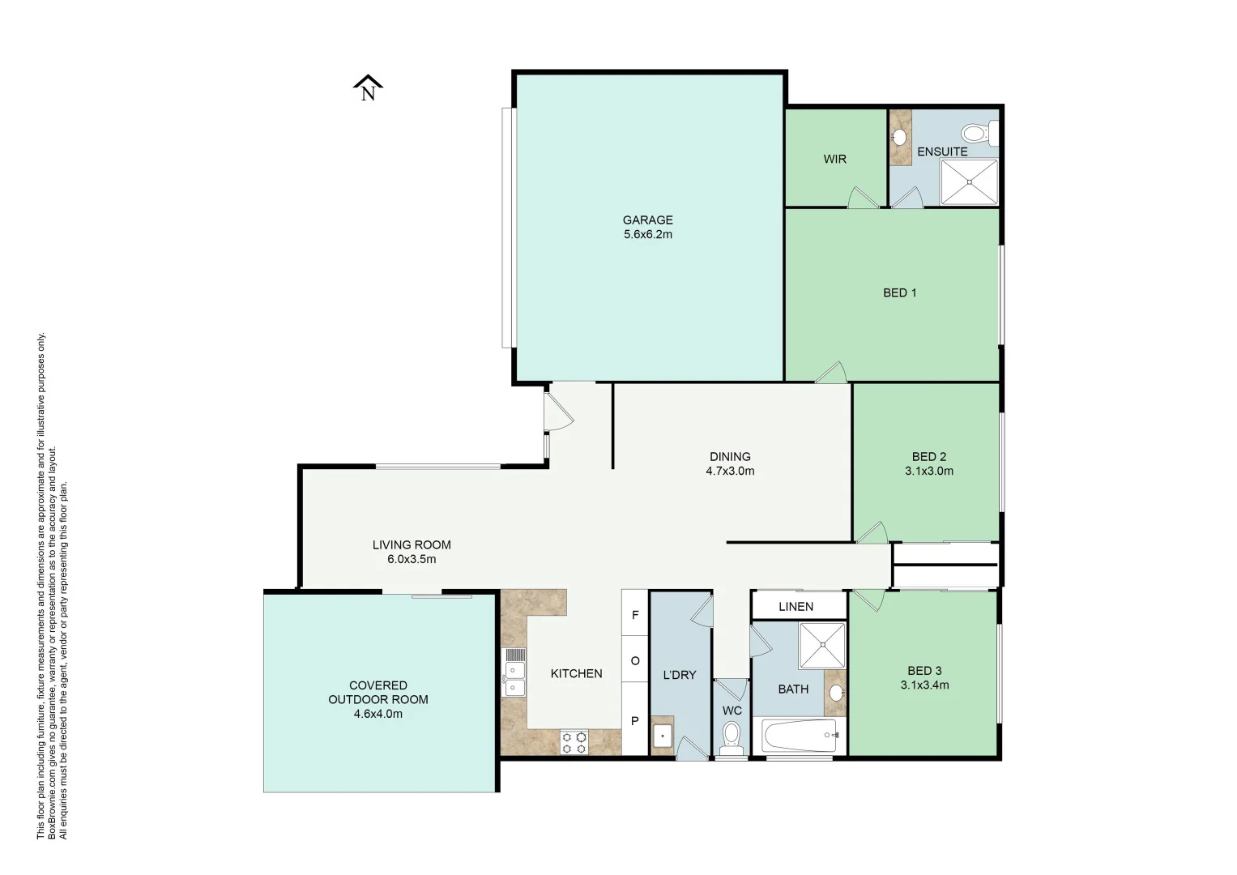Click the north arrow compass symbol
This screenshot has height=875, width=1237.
[368, 87]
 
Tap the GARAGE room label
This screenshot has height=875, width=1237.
[647, 220]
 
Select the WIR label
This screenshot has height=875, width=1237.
[834, 159]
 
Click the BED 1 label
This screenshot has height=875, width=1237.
[899, 292]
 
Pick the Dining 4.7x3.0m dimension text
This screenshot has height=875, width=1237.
[730, 471]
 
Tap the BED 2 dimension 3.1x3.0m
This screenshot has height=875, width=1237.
[928, 471]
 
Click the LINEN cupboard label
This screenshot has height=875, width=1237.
[796, 606]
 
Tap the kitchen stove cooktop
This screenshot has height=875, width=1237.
[575, 742]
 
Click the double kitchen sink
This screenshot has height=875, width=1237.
[514, 672]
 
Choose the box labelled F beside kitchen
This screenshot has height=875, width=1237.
[635, 615]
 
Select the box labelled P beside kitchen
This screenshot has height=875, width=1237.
[635, 721]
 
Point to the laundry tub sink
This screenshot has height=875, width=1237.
[663, 737]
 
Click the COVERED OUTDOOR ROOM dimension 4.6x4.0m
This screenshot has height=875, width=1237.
[377, 714]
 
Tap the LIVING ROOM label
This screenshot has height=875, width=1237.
[412, 544]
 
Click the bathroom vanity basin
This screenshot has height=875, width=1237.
[836, 693]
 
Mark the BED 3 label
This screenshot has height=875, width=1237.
[924, 670]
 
